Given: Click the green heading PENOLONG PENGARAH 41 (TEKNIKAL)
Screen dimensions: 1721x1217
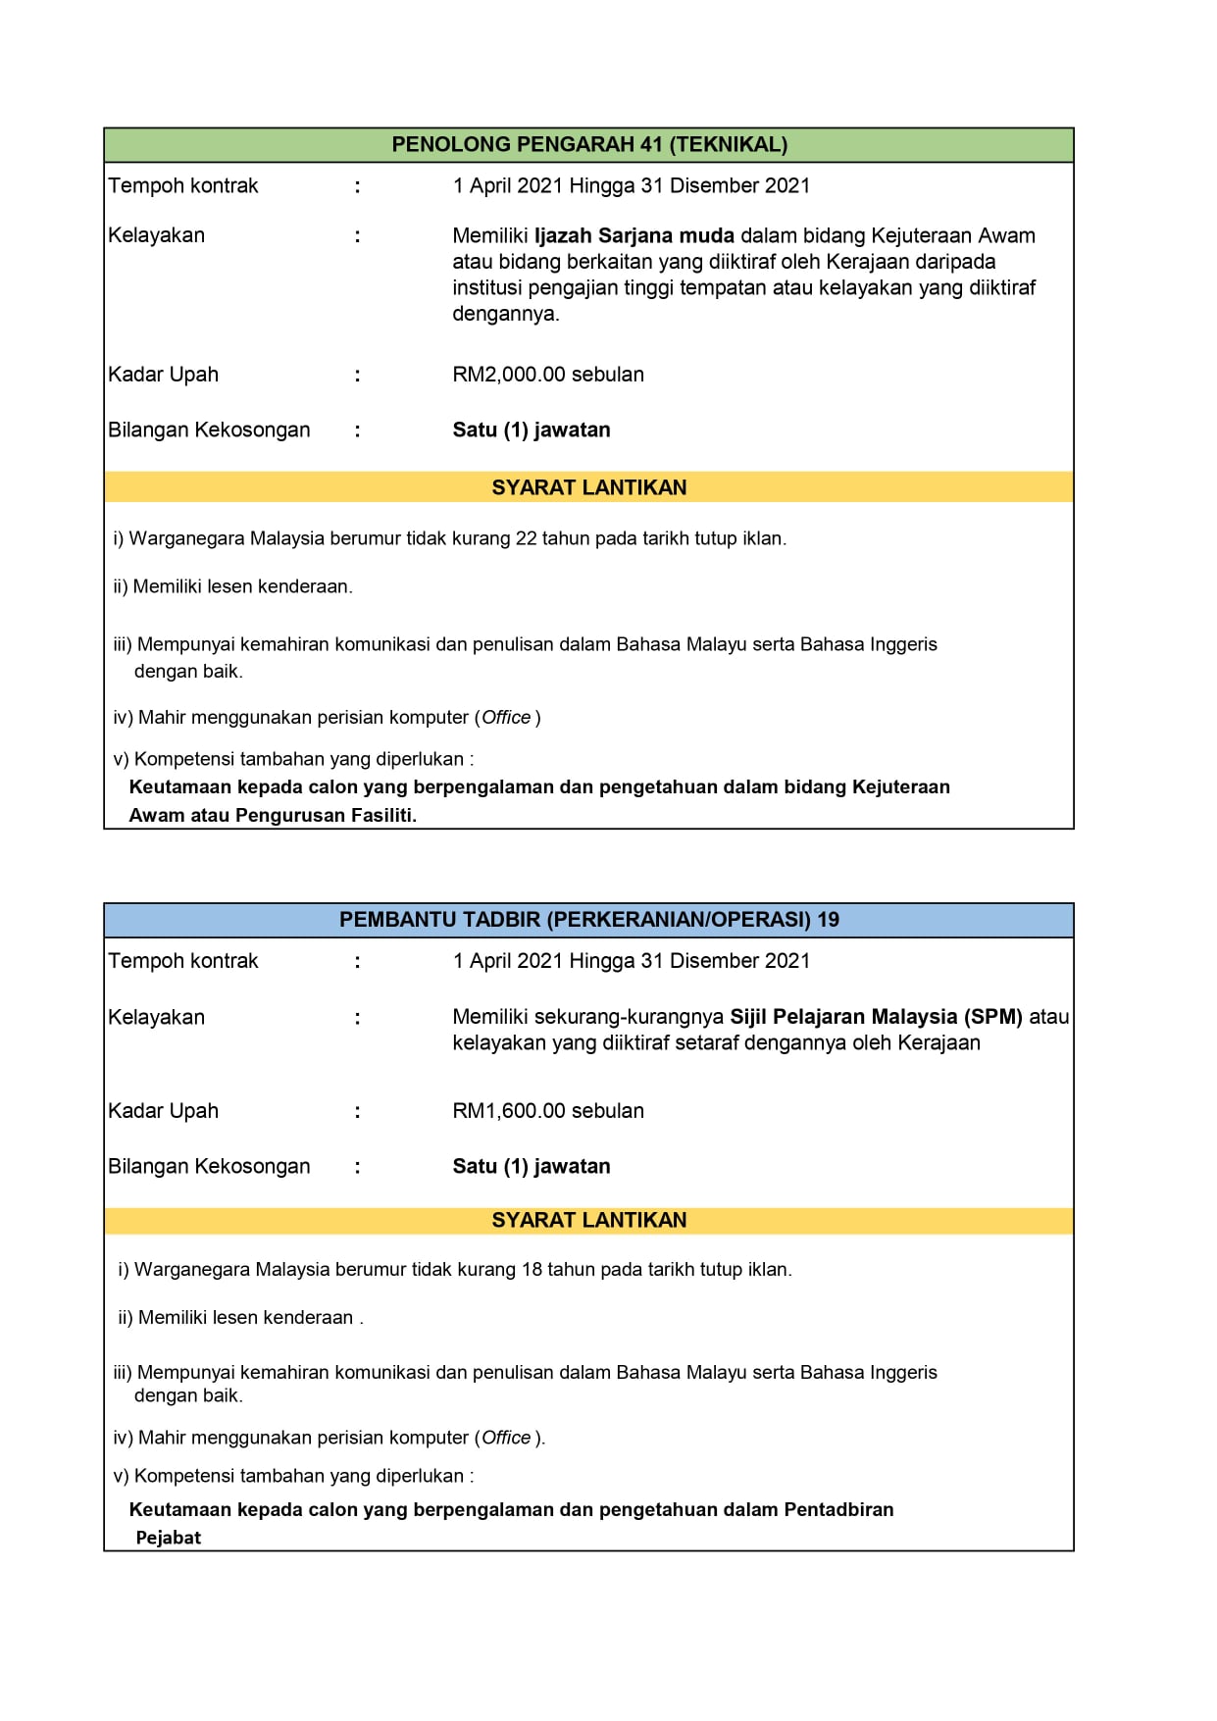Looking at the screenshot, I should tap(589, 145).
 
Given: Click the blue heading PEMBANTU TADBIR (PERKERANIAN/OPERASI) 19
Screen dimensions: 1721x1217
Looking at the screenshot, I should tap(589, 920).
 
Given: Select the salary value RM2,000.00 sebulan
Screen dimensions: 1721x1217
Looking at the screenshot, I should tap(548, 375).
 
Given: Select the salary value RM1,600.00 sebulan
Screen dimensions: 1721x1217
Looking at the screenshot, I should tap(548, 1111).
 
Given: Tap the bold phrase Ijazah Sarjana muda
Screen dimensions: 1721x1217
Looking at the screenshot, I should tap(634, 235).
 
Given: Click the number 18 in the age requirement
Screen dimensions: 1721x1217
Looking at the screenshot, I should tap(532, 1270).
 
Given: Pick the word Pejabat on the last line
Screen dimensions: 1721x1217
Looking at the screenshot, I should tap(168, 1538).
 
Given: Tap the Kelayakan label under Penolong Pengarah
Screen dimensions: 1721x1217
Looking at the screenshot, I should tap(157, 235).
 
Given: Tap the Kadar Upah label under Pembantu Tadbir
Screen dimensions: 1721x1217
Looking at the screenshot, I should tap(164, 1111).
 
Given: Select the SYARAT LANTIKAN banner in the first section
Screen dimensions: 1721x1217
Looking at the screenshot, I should tap(589, 488).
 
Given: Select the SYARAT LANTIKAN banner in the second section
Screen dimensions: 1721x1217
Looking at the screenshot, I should tap(589, 1221).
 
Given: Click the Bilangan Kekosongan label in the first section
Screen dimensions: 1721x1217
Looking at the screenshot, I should tap(209, 430).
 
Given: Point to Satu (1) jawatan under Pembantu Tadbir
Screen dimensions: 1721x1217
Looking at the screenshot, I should tap(532, 1167).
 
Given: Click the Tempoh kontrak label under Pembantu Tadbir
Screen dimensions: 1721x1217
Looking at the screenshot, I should tap(183, 961).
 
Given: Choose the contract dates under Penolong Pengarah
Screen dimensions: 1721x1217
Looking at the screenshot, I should tap(632, 186).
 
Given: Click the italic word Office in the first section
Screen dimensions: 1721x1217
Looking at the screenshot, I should tap(506, 718).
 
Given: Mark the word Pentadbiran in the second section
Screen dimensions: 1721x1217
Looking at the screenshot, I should tap(838, 1510).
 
